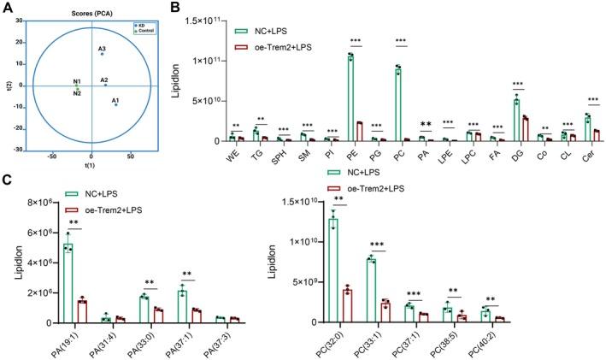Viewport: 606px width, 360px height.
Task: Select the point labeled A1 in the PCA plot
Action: pos(115,104)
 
